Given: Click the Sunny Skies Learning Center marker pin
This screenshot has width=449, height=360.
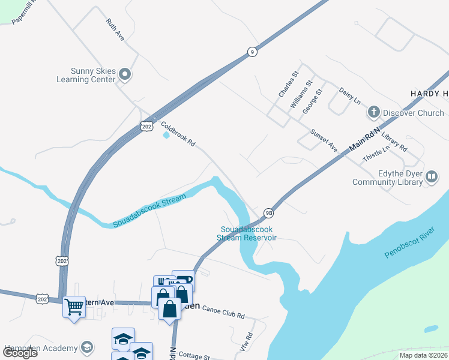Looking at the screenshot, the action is (x=125, y=74).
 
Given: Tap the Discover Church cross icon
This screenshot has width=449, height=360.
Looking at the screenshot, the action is (x=373, y=112).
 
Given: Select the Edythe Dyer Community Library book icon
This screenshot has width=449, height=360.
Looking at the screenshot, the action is (x=431, y=176).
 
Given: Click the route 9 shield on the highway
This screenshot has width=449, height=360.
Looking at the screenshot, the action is (x=252, y=52).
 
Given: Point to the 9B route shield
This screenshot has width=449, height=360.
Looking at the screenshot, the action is (x=268, y=212).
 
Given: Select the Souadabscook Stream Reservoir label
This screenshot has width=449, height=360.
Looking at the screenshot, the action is (x=249, y=233).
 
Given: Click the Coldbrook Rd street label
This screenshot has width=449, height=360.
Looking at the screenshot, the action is (x=178, y=134).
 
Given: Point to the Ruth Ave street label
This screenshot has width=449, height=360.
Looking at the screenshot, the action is (x=115, y=30).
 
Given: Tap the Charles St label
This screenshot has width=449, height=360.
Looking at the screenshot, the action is (x=288, y=85).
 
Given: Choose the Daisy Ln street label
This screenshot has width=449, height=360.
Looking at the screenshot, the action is (x=349, y=95).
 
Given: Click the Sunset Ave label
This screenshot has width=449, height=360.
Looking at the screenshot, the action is (x=324, y=140).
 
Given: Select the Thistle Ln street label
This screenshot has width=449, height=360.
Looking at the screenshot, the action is (x=377, y=154).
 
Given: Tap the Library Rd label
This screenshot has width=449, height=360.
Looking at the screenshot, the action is (x=394, y=142).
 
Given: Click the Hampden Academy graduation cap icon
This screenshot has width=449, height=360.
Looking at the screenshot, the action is (x=86, y=348).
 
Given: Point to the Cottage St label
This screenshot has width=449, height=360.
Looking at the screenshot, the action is (x=194, y=356).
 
